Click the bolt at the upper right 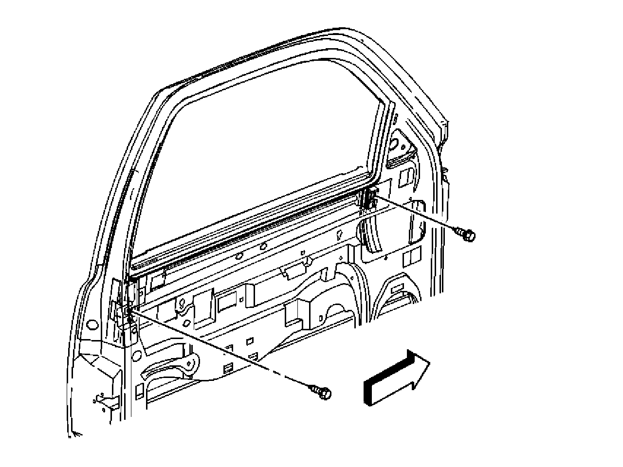(467, 234)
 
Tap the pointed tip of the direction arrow (429, 361)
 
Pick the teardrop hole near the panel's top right (339, 236)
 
